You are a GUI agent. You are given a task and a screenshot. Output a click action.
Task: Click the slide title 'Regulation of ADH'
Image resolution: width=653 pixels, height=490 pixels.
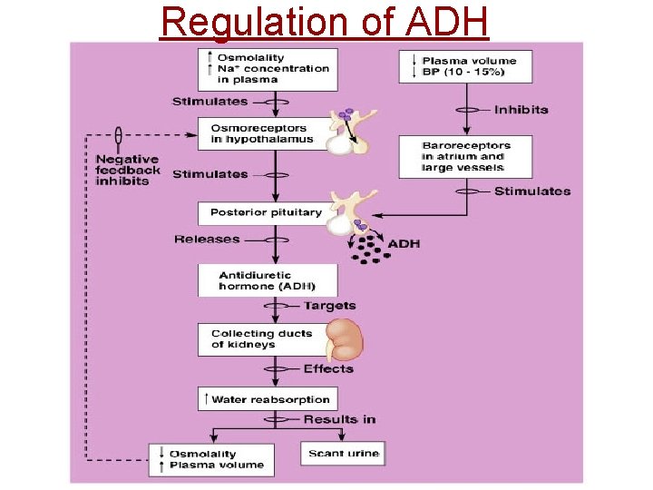click(324, 22)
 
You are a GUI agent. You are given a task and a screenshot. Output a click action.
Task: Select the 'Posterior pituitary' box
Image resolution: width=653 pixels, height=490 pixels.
click(266, 212)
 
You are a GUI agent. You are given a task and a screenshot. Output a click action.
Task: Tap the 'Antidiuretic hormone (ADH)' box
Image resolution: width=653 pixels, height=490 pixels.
click(267, 279)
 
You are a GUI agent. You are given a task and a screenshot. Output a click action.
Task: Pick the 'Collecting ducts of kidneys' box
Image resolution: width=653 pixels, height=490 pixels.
click(261, 338)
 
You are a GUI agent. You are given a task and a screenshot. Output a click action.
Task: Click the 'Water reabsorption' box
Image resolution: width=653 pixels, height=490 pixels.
click(268, 399)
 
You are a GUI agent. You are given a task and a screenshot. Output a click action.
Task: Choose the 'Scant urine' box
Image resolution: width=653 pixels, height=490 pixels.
click(343, 453)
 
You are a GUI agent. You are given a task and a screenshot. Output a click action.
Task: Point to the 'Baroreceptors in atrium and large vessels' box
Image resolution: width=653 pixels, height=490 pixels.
click(465, 156)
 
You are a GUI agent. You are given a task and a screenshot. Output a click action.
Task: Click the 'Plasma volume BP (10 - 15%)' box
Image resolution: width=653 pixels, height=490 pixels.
click(465, 66)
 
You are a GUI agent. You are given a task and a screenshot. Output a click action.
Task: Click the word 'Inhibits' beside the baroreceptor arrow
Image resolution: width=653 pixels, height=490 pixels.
click(521, 110)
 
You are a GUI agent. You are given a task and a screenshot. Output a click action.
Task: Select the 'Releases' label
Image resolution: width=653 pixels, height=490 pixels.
click(207, 240)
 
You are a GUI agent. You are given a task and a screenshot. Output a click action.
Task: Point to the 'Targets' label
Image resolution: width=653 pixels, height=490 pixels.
click(329, 306)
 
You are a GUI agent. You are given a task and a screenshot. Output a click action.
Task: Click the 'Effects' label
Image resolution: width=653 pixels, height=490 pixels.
click(328, 368)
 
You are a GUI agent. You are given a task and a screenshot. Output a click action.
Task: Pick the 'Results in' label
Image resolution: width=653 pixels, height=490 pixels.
click(339, 419)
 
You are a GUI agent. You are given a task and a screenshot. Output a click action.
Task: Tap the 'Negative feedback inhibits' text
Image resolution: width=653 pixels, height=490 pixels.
click(128, 170)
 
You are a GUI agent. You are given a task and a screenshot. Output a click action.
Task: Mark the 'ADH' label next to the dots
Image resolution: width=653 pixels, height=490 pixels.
click(404, 243)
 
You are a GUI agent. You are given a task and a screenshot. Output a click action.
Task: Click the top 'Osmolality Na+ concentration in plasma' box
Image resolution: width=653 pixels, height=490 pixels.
click(268, 69)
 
